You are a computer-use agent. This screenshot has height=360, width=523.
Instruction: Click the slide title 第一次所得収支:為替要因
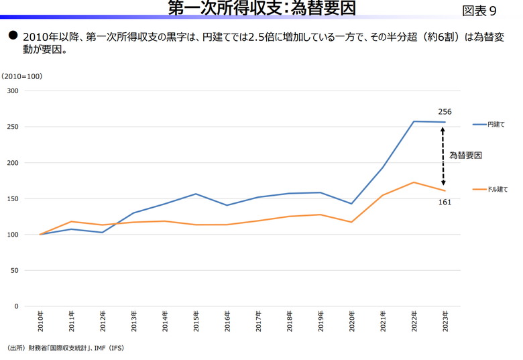pyautogui.click(x=261, y=8)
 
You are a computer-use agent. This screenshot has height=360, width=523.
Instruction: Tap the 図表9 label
pyautogui.click(x=479, y=11)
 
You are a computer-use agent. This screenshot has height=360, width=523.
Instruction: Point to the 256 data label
pyautogui.click(x=445, y=111)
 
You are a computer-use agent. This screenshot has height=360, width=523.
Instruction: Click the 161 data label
pyautogui.click(x=445, y=202)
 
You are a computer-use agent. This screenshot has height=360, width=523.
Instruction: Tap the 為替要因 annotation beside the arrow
pyautogui.click(x=465, y=156)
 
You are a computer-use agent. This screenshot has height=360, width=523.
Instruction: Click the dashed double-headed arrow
pyautogui.click(x=443, y=156)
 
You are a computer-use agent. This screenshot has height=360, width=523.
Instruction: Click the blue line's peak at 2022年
pyautogui.click(x=414, y=121)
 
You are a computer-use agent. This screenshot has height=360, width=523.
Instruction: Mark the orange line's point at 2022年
pyautogui.click(x=414, y=182)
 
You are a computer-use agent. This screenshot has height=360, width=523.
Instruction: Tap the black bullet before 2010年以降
pyautogui.click(x=12, y=34)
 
